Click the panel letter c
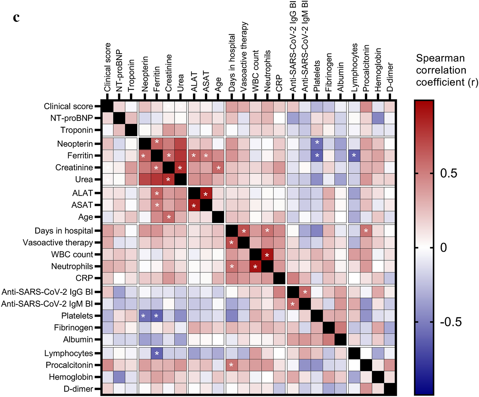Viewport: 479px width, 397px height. [x=16, y=17]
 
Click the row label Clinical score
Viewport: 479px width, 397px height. [x=68, y=107]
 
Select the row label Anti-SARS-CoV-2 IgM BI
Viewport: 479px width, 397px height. [x=47, y=304]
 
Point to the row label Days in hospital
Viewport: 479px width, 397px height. [x=64, y=231]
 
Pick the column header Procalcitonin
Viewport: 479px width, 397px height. [x=366, y=68]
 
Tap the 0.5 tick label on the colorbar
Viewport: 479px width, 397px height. [x=448, y=173]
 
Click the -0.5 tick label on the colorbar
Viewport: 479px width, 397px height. [x=451, y=322]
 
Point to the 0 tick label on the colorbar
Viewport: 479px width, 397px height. [x=443, y=248]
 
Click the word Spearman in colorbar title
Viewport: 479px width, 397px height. [x=440, y=58]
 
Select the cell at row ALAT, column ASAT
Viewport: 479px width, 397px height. [x=206, y=193]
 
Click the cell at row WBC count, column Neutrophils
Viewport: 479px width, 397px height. [x=267, y=255]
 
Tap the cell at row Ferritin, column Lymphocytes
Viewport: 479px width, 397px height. [x=354, y=156]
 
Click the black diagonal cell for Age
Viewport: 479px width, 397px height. [x=218, y=217]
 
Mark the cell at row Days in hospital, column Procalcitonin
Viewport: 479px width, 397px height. [x=366, y=231]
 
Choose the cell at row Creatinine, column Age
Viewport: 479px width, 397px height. [x=218, y=168]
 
